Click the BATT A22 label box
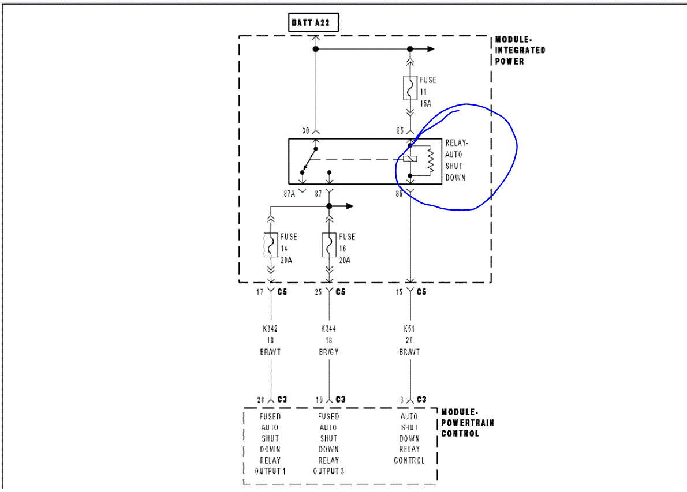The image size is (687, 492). tap(313, 22)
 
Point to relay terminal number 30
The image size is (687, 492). tap(306, 131)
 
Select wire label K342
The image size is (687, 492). tap(270, 329)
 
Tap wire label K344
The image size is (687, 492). tap(329, 329)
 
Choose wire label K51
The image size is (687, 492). tap(409, 329)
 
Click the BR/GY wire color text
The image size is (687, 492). tap(329, 352)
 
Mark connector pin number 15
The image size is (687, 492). tap(399, 292)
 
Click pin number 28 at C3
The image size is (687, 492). tap(261, 399)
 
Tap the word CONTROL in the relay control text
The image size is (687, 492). tap(409, 460)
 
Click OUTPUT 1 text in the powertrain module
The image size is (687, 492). tap(270, 471)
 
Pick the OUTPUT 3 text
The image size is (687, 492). tap(328, 471)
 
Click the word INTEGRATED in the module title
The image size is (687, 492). tap(520, 50)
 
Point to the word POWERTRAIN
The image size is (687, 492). tap(468, 423)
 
